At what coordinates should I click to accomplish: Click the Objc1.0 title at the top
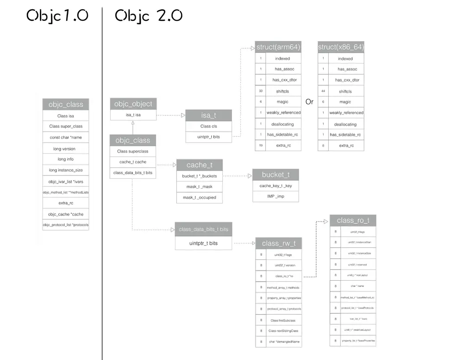57,16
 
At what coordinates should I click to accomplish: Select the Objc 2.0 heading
149,16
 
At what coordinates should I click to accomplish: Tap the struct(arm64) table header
278,47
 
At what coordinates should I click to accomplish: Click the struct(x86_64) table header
341,47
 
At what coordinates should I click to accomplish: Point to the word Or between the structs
309,101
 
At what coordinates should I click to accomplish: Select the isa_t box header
208,115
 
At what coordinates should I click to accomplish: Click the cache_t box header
199,165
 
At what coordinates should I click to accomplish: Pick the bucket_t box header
275,175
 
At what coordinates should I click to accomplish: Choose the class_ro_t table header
353,220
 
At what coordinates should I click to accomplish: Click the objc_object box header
133,103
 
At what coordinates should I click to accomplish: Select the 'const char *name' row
66,137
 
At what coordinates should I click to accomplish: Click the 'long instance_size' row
66,170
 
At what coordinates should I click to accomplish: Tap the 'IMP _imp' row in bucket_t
275,196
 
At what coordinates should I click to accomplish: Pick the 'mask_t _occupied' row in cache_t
199,197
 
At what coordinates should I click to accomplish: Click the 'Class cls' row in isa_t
208,126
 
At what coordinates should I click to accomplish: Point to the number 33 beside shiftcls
261,91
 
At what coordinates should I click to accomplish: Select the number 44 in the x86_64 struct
323,91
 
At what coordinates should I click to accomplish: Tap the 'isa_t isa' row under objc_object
133,115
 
